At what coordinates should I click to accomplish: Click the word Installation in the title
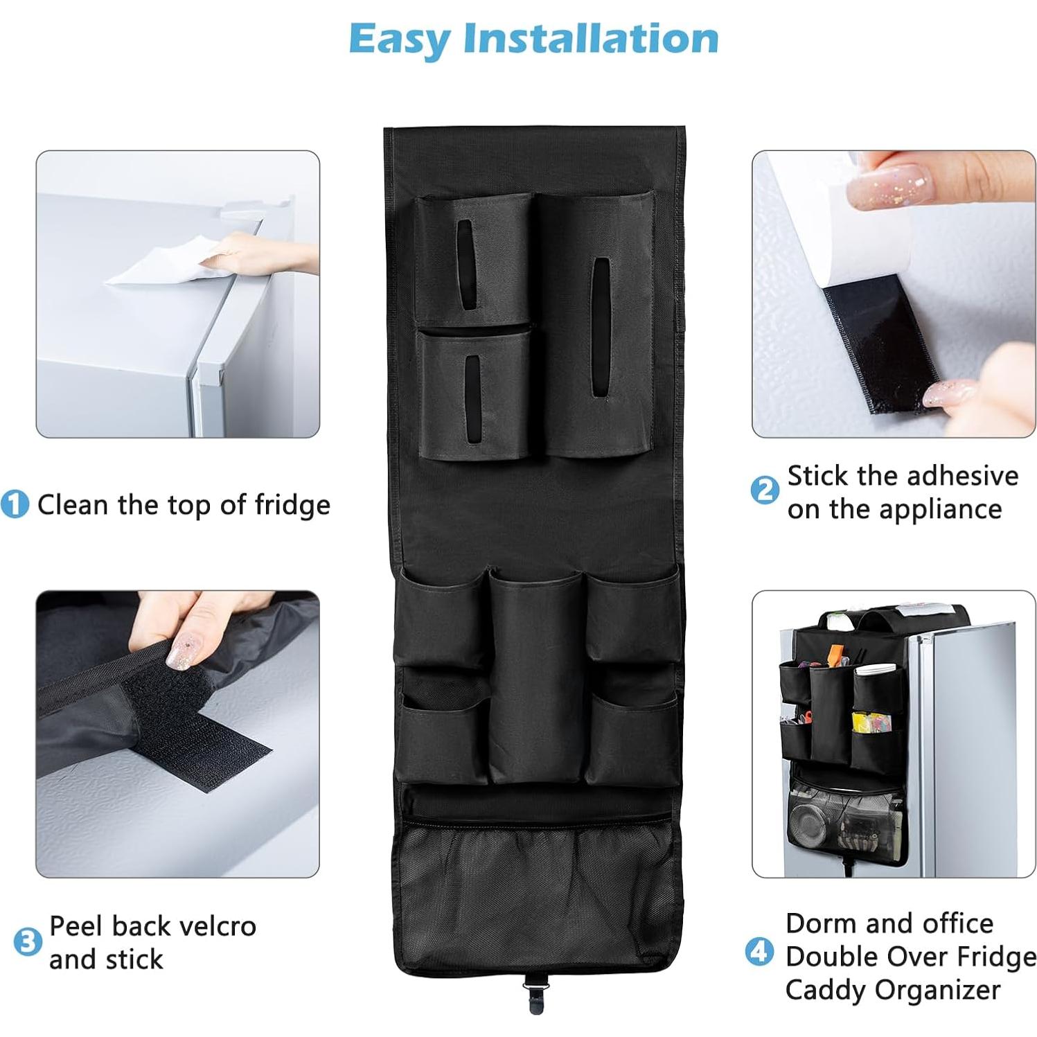(x=591, y=38)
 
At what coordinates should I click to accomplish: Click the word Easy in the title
(x=399, y=39)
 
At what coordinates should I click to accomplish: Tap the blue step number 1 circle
(x=15, y=504)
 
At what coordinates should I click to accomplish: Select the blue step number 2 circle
(x=765, y=490)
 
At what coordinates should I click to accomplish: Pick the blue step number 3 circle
(x=28, y=942)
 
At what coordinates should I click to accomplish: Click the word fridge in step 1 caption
(x=292, y=505)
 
